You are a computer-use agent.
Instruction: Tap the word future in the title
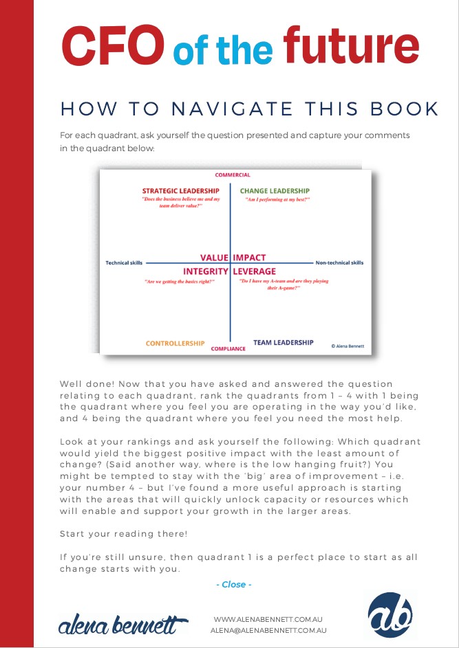click(350, 45)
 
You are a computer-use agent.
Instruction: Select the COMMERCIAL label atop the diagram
click(233, 175)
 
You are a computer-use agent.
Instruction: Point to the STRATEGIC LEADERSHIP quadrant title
click(181, 191)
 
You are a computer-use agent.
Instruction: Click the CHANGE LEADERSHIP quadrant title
click(275, 191)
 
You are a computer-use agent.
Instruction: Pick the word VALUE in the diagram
click(214, 258)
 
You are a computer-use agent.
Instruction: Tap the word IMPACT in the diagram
click(250, 258)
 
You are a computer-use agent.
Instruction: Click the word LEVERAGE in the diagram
click(259, 271)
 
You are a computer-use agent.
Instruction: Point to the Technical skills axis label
click(124, 263)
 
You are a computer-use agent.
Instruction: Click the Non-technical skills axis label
click(339, 263)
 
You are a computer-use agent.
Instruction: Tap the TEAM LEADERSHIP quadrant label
click(283, 342)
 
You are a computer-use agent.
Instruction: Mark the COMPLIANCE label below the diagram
click(228, 349)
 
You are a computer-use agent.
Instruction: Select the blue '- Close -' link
click(234, 584)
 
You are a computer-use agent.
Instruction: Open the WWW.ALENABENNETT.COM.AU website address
click(269, 619)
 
